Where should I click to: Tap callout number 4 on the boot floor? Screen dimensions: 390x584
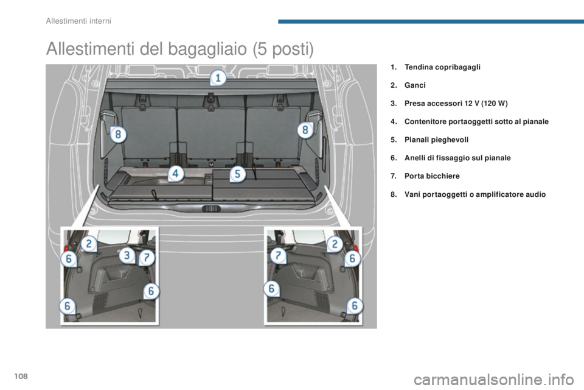(176, 174)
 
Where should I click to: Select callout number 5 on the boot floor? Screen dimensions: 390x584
(237, 174)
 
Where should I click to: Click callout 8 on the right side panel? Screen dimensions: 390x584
(305, 130)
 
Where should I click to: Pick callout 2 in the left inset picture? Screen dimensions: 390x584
(89, 244)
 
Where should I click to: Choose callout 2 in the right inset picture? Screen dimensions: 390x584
(334, 244)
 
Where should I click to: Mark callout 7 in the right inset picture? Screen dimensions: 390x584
(278, 256)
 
